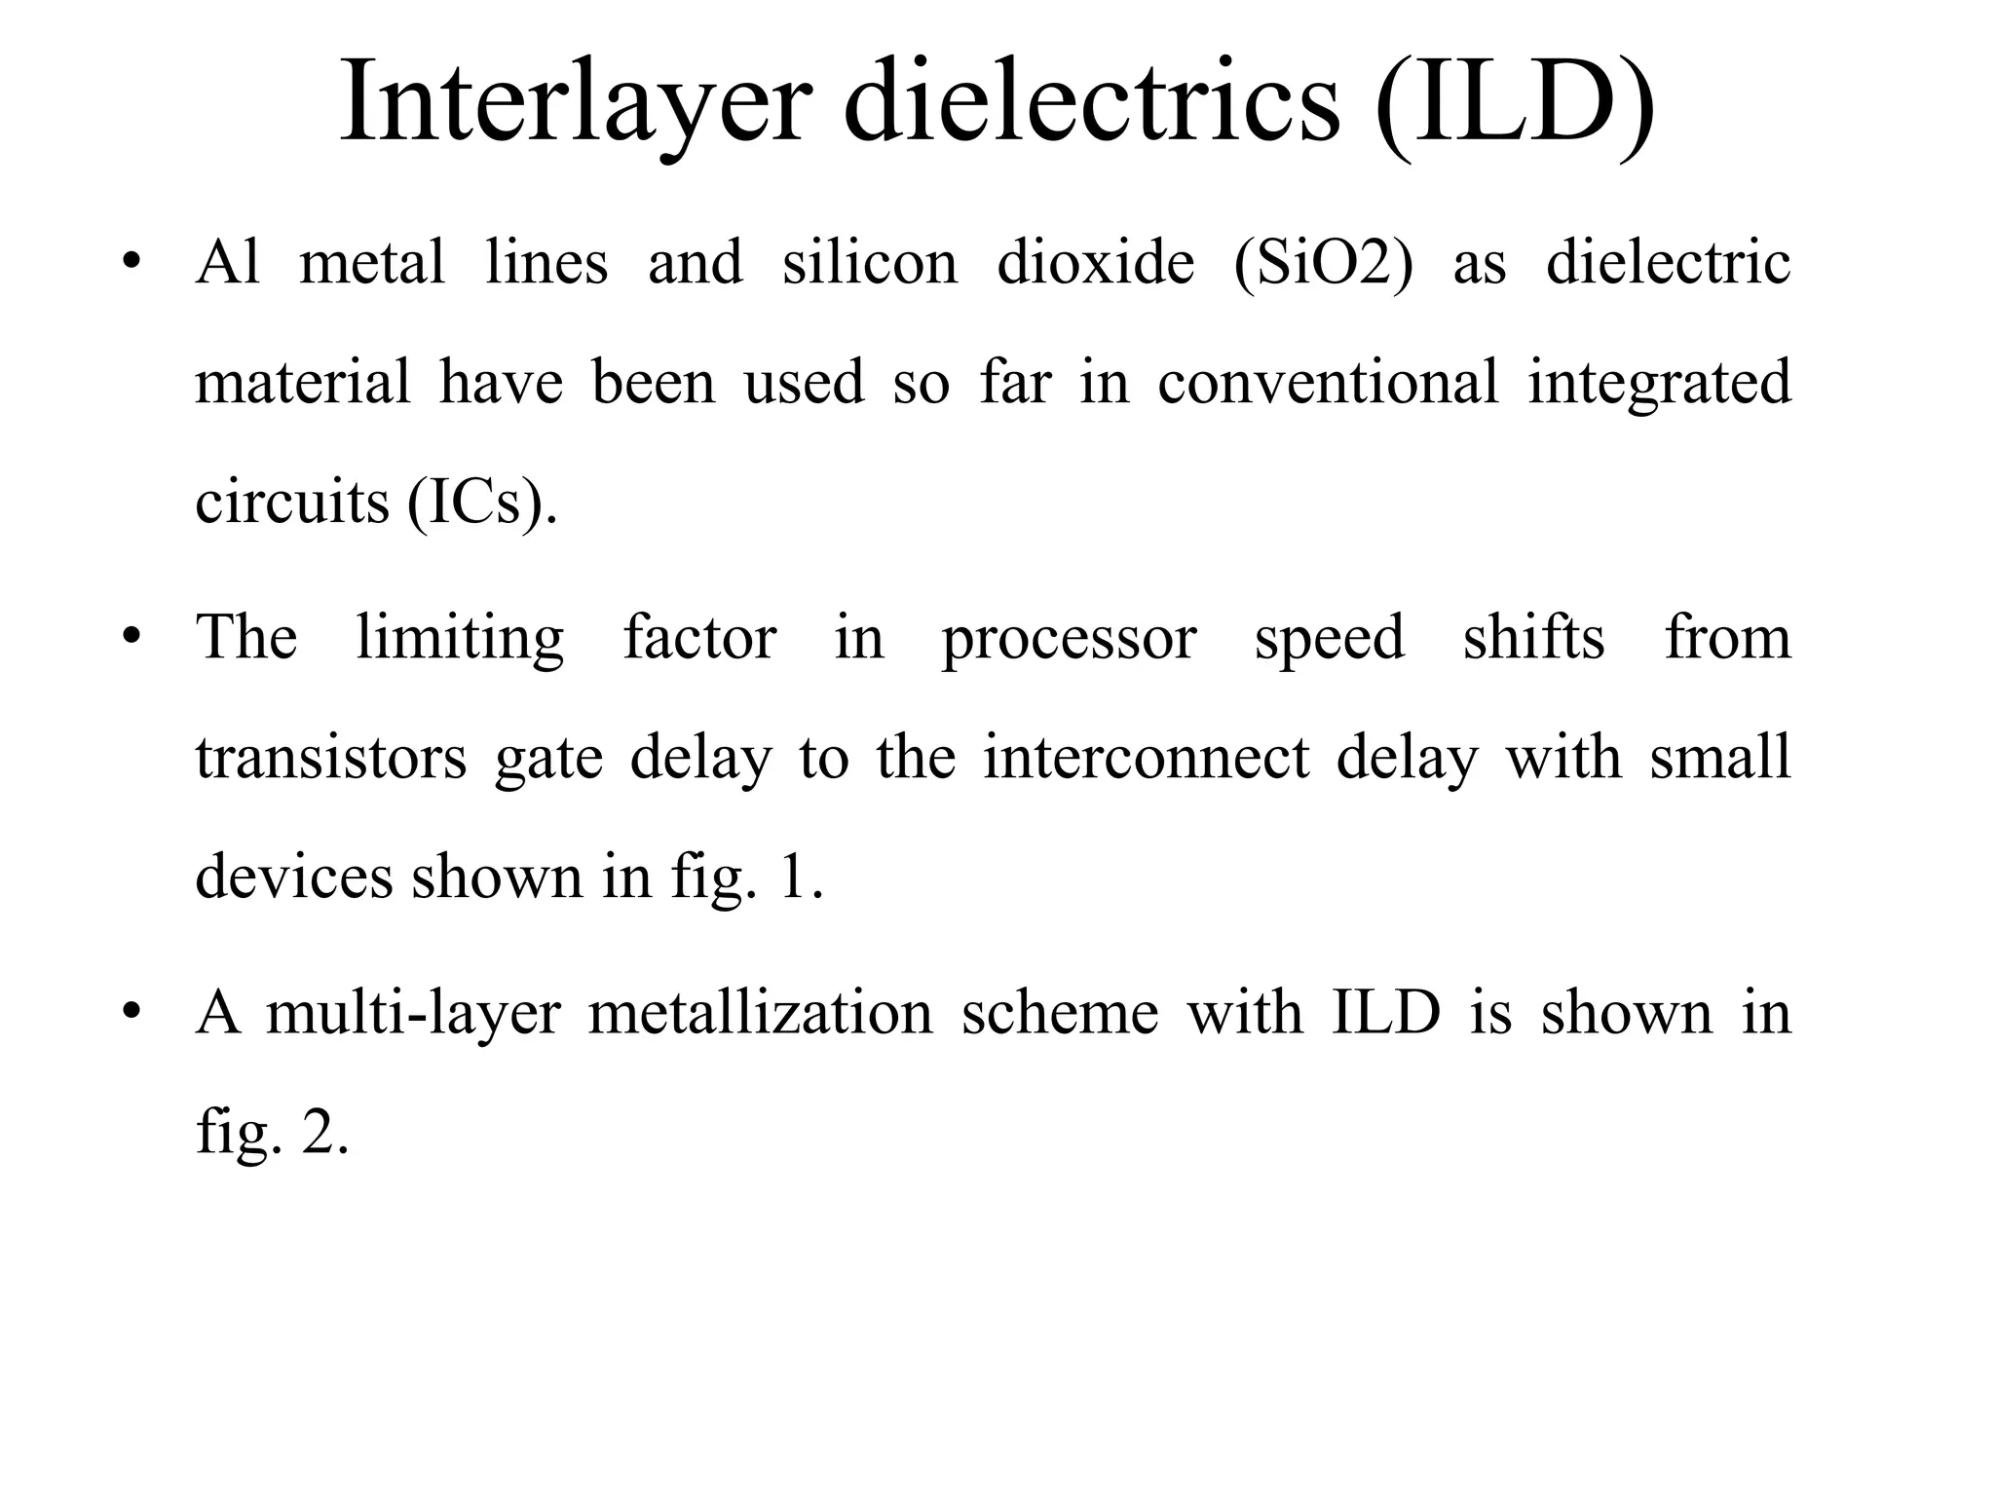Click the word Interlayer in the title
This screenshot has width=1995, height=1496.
[576, 102]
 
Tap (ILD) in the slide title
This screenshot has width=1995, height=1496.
[1515, 102]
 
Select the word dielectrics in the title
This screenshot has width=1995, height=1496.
[1092, 102]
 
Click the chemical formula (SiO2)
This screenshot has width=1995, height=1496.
[1323, 263]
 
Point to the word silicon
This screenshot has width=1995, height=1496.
[870, 263]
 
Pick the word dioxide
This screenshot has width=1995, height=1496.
[1096, 263]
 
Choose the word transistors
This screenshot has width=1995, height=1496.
[331, 758]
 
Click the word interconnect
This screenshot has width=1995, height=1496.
[1147, 758]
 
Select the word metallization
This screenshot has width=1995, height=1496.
[761, 1013]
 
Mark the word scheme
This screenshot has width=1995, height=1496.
[1060, 1013]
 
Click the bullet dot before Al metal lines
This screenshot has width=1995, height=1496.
[132, 263]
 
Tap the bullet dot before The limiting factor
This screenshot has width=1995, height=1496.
[132, 638]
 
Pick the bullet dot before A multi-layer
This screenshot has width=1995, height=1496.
[132, 1013]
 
